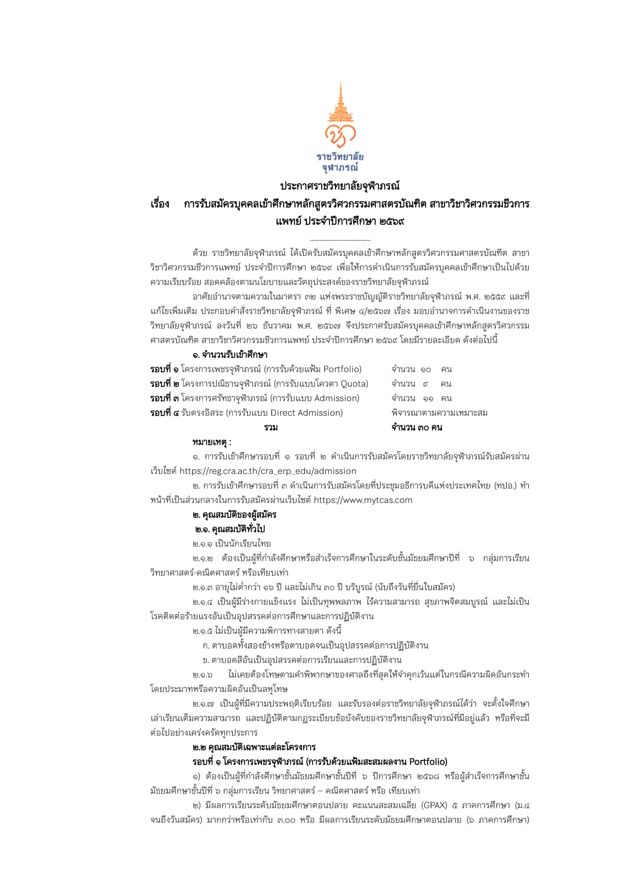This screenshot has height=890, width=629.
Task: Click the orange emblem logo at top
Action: [340, 116]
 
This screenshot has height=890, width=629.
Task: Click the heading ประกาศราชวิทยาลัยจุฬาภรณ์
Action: [340, 186]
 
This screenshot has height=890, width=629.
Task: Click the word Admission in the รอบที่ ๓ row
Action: [336, 398]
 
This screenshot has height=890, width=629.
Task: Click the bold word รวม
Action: [271, 428]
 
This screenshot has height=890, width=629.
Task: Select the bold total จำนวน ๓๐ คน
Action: [417, 428]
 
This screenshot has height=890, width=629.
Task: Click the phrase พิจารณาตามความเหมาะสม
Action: [440, 413]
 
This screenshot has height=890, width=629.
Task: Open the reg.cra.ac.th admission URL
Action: [268, 471]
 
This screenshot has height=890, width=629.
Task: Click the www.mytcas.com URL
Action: [363, 500]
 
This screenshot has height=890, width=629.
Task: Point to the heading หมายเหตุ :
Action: [212, 442]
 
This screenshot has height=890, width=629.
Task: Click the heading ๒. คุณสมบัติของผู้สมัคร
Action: [234, 515]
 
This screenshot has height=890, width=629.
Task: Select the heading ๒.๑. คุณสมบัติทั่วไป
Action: [230, 529]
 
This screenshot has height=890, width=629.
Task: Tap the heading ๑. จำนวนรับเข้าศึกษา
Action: [230, 355]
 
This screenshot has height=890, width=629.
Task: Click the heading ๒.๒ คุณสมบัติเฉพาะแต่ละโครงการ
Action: [254, 747]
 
